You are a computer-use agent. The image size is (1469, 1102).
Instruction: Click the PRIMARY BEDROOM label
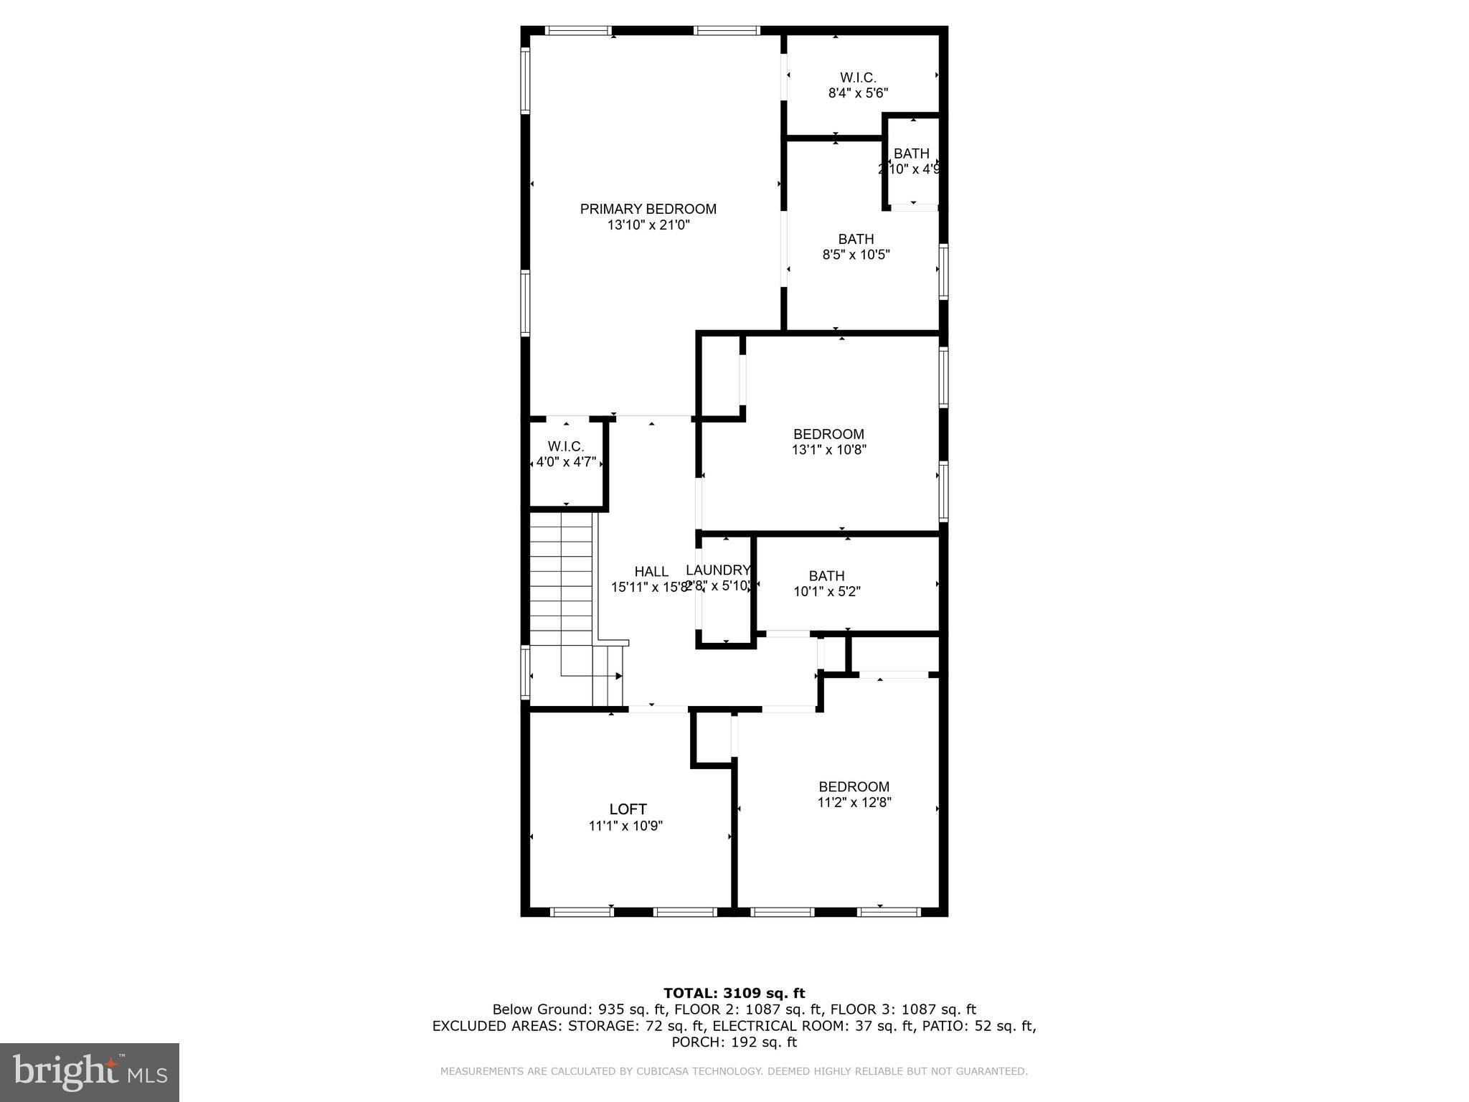(648, 209)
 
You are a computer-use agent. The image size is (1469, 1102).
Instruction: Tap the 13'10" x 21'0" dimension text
(648, 225)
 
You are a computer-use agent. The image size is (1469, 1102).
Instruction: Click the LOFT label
(628, 809)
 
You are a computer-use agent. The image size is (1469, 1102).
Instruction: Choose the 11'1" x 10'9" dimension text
(625, 826)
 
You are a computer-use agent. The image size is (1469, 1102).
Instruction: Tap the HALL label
(651, 572)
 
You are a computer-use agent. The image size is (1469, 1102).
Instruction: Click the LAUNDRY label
(717, 570)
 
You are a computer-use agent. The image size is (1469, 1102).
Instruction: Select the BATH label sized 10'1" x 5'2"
(826, 576)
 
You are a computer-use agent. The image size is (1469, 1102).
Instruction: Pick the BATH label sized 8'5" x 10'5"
(856, 239)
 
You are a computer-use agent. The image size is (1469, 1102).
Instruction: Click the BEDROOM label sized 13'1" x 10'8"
(828, 434)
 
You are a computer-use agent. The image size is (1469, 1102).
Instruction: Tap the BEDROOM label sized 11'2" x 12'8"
(854, 786)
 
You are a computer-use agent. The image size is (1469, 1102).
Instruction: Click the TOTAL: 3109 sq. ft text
(734, 993)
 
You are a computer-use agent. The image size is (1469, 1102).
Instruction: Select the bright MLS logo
(89, 1072)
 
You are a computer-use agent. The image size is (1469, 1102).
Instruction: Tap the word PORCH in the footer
(694, 1042)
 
